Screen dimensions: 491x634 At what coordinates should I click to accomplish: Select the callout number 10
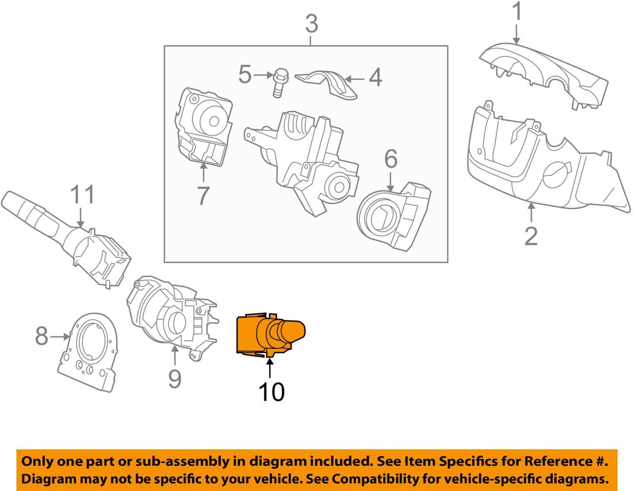pos(271,392)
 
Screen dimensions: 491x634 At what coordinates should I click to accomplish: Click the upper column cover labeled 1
pos(543,73)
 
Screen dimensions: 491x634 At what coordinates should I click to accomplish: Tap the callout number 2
pos(531,236)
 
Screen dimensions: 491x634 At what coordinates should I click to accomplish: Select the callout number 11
pos(82,195)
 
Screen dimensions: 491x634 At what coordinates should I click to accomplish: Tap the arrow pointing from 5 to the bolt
pos(263,75)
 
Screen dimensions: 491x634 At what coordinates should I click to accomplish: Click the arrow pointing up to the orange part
pos(270,368)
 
